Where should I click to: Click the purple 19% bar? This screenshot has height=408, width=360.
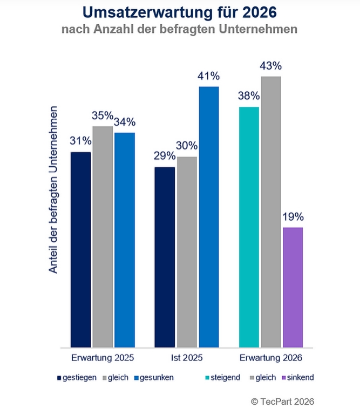point(293,287)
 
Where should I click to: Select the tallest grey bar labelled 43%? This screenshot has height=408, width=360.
point(271,212)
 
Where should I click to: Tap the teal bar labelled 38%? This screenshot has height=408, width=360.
point(249,227)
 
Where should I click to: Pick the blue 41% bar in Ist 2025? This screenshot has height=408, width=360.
point(209,216)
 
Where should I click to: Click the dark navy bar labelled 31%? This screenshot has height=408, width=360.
point(81,249)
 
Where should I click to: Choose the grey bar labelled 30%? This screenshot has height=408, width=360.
point(187,251)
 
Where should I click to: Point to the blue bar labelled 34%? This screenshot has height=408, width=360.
point(124,240)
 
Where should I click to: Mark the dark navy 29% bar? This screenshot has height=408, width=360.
point(165,257)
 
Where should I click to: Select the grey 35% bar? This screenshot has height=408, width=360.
point(103,236)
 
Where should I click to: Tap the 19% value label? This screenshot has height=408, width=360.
point(293,217)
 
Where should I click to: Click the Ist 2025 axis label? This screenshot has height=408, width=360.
point(187,358)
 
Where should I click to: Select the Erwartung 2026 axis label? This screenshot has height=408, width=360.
point(271,358)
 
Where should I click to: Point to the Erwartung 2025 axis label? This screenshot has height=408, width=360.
point(103,358)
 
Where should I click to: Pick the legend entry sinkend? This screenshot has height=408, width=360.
point(298,377)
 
